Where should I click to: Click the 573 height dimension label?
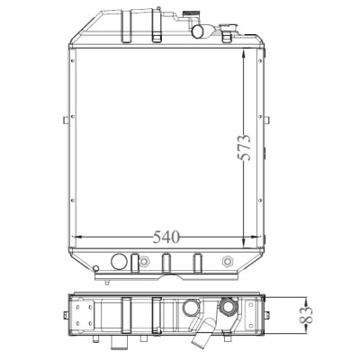click(244, 148)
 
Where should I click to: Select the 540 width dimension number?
click(166, 237)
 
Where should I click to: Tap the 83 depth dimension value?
click(306, 315)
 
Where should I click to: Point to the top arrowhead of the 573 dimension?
click(244, 53)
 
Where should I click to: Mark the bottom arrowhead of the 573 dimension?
click(244, 243)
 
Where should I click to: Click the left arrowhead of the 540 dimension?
click(77, 237)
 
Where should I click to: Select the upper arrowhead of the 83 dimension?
click(306, 301)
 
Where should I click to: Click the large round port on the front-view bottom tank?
click(119, 262)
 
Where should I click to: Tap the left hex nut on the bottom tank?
click(144, 262)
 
